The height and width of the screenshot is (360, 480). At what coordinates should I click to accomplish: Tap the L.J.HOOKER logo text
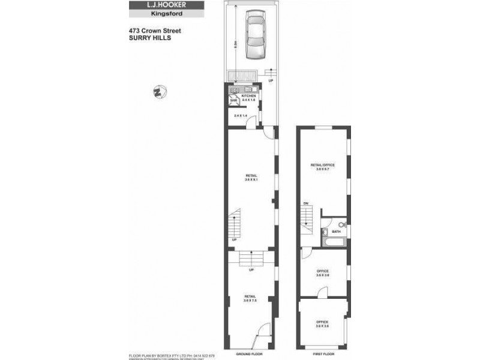pos(158,5)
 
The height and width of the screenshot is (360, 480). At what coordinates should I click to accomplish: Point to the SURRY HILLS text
pos(149,37)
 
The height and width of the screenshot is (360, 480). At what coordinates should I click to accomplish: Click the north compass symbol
pos(160,92)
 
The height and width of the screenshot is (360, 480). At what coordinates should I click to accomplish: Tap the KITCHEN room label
pos(249,96)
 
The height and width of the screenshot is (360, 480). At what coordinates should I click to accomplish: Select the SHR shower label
pos(233,101)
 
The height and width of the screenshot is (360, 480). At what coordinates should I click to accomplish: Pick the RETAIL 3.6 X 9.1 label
pos(250,178)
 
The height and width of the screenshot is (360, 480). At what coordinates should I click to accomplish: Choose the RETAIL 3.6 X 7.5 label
pos(250,298)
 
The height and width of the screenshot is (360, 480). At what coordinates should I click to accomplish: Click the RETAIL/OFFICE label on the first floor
pos(322,167)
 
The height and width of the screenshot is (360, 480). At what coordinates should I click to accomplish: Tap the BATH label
pos(336,231)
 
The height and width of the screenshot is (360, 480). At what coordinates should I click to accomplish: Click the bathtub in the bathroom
pos(332,242)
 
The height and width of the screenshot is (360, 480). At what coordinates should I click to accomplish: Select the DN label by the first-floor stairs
pos(305,204)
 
